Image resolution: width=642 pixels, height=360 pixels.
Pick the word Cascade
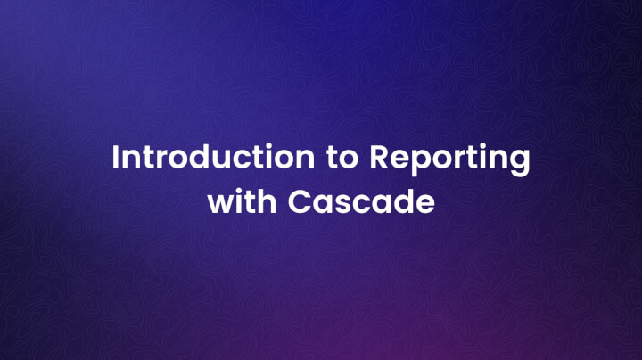[361, 201]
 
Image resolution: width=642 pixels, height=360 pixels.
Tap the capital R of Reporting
[378, 159]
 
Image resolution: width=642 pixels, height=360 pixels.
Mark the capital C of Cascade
[300, 201]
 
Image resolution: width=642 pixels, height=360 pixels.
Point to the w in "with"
[219, 203]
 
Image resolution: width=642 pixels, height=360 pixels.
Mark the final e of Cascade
[424, 203]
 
